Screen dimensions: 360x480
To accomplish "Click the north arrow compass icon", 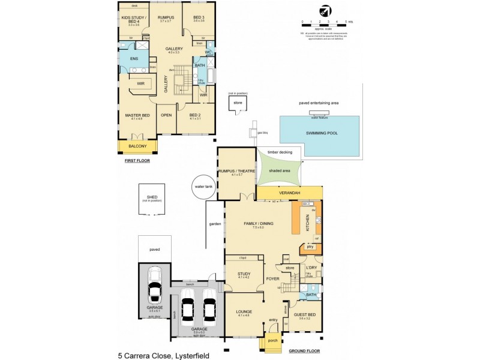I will click(325, 11).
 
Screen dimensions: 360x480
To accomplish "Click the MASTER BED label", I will click(137, 115).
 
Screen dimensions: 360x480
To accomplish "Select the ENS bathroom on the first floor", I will click(134, 59).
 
